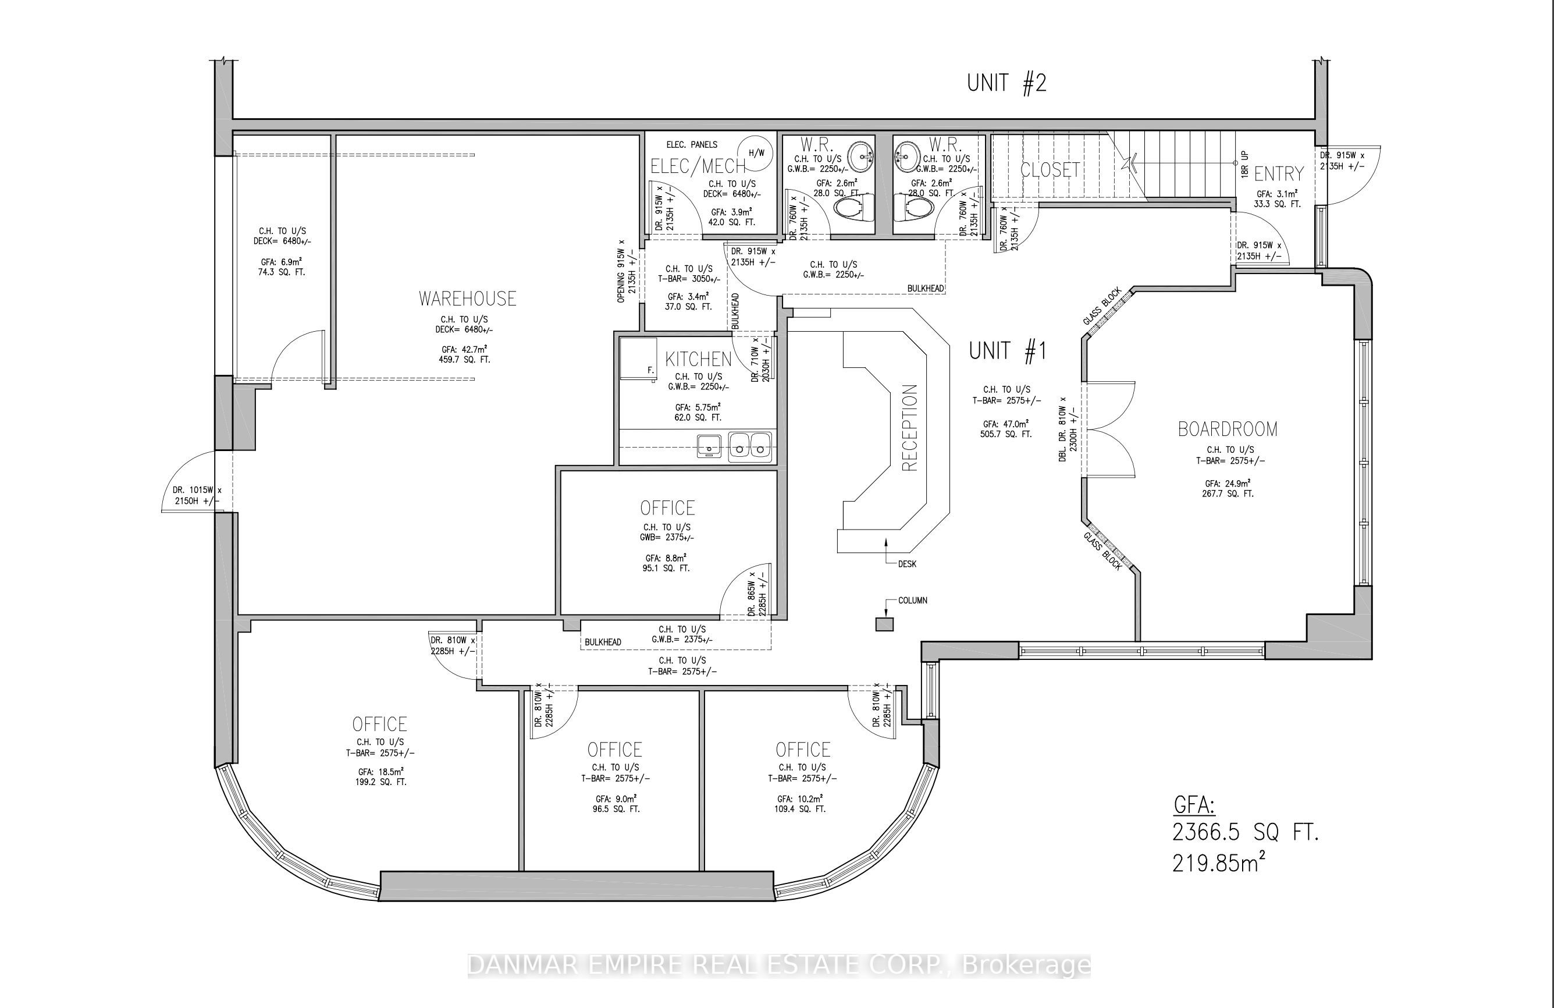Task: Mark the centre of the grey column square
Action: [884, 624]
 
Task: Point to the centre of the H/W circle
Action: [756, 153]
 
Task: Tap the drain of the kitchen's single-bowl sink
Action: [709, 449]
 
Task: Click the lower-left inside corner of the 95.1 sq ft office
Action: [562, 614]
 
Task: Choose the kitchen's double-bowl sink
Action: [749, 446]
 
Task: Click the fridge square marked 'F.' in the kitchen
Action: [638, 358]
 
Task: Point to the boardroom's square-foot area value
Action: [1227, 494]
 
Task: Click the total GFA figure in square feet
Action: [1245, 833]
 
